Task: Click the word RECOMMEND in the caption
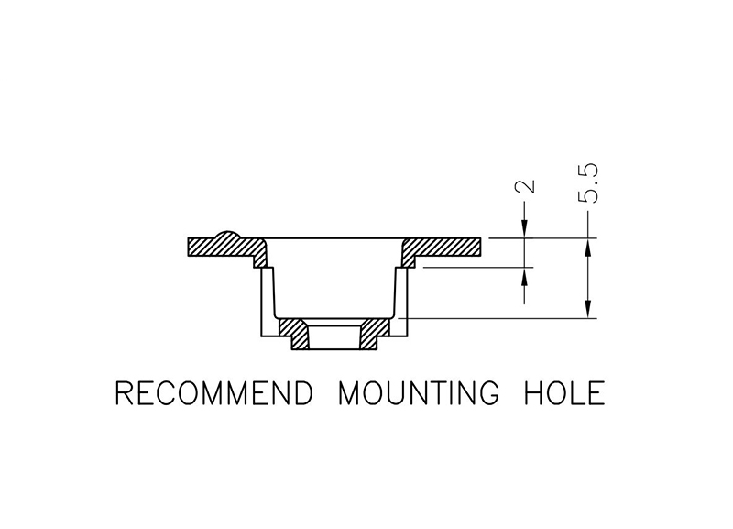(213, 393)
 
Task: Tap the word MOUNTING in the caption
(419, 393)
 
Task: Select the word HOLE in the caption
(564, 393)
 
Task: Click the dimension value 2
(525, 186)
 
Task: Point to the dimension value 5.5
(588, 182)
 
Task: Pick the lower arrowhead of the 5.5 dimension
(588, 309)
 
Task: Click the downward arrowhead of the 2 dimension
(525, 229)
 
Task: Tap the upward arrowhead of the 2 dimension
(525, 276)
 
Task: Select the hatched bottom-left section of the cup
(293, 333)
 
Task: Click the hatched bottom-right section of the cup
(374, 333)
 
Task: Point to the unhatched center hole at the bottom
(334, 335)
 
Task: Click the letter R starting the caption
(124, 393)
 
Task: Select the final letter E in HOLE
(597, 393)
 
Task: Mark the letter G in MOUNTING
(488, 393)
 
